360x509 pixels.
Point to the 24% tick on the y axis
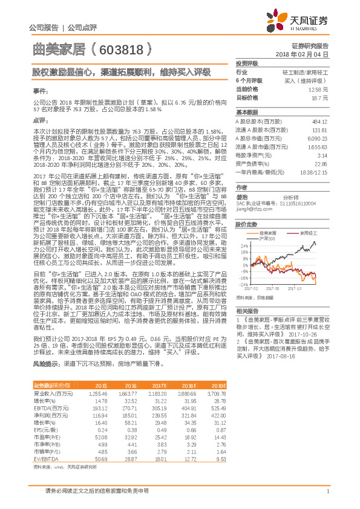[x=243, y=245]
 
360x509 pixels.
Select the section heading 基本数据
[x=247, y=112]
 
